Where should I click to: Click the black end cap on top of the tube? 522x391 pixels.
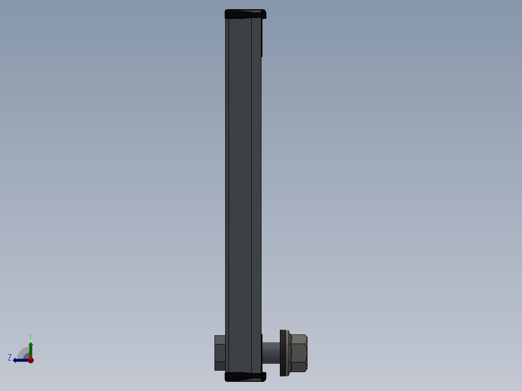(246, 14)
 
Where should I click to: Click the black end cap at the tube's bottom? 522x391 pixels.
(246, 376)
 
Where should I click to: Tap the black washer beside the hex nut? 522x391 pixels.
(283, 353)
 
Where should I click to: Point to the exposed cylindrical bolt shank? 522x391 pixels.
(271, 353)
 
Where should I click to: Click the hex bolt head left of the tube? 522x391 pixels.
(220, 353)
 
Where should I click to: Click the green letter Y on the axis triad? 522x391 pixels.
(31, 337)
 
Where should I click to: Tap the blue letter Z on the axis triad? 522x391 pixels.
(10, 358)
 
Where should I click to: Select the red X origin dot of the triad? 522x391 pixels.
(31, 360)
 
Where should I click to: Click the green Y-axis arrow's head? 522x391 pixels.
(31, 345)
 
